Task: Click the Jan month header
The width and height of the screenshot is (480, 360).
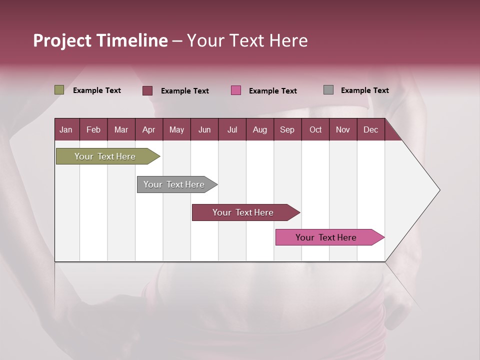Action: (66, 129)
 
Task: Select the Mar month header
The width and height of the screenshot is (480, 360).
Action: (121, 129)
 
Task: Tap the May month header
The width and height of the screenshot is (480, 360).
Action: (176, 129)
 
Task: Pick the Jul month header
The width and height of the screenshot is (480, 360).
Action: (232, 129)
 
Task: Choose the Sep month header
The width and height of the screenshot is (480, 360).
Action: (287, 129)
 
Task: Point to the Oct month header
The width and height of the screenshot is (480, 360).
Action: (315, 129)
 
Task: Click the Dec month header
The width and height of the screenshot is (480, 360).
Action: (370, 129)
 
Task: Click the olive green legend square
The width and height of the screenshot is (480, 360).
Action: (59, 90)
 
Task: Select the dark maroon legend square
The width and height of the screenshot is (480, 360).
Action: (147, 90)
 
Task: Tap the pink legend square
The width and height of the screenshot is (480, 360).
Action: (236, 90)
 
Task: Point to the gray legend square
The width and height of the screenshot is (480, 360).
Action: (328, 90)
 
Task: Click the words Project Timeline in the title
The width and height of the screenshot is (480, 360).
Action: (100, 40)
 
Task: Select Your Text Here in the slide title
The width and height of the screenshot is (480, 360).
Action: (247, 40)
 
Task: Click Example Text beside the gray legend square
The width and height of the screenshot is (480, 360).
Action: (364, 90)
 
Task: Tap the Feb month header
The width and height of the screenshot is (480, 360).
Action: (93, 129)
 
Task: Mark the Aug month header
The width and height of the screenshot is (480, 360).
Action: (259, 129)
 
